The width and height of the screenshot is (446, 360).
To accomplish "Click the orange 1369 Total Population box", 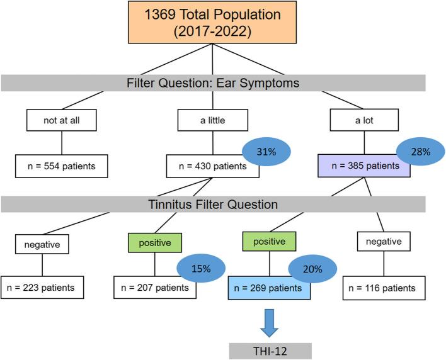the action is pos(212,22).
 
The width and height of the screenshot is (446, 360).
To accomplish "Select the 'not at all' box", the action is pos(62,120).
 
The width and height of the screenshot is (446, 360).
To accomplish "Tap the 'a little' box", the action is pos(213,120).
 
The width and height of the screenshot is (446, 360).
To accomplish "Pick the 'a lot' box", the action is pos(364,120).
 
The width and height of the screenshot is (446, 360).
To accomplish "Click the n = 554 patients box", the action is pos(62,166).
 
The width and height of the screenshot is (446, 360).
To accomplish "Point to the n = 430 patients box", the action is pos(213,166).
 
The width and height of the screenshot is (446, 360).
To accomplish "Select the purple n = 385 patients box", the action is pos(364,166).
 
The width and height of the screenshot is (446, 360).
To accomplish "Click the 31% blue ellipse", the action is pos(266,152).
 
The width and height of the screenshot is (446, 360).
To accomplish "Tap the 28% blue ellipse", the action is pos(420,152).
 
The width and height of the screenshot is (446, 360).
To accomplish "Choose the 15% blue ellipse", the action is pos(201,268).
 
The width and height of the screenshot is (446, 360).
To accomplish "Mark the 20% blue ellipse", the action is pos(312,269).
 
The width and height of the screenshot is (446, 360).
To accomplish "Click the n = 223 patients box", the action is pos(42,288).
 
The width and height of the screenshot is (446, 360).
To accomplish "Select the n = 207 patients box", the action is pos(155,288).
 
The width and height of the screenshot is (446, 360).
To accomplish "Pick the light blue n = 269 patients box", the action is pos(269,288).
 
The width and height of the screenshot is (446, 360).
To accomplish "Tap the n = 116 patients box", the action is pos(384,288).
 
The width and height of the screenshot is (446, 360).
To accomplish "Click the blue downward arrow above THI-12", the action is pos(269,323).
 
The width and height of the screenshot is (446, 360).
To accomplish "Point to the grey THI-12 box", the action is pos(270,351).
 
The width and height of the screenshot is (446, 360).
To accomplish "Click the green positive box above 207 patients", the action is pos(155,243).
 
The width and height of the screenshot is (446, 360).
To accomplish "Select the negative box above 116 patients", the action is pos(384,241).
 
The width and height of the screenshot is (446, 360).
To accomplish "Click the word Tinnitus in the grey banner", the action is pos(169,205).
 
